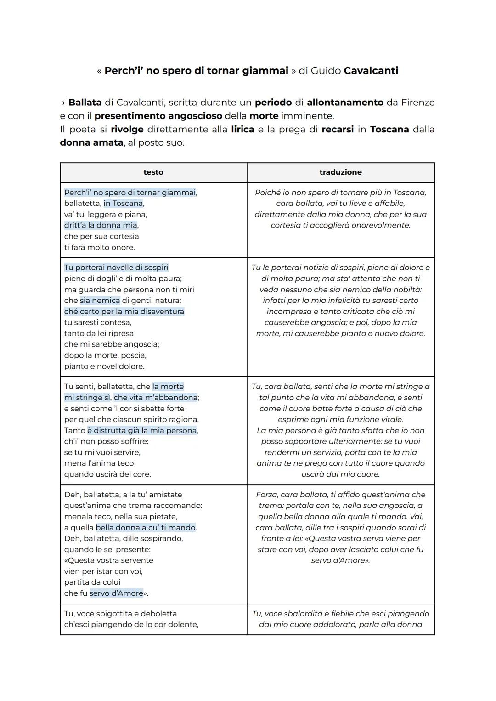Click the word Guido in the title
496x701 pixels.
coord(326,71)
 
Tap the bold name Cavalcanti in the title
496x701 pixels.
coord(371,71)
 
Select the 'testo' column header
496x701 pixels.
coord(153,172)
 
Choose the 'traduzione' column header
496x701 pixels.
coord(340,172)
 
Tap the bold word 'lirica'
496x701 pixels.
coord(242,130)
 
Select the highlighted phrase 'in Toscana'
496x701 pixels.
coord(124,204)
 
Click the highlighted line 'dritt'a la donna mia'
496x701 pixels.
coord(101,225)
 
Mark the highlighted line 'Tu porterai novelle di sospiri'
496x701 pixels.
coord(116,268)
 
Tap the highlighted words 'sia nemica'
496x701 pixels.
coord(100,301)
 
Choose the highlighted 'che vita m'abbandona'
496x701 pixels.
coord(156,398)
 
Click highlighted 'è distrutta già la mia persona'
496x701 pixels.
coord(142,431)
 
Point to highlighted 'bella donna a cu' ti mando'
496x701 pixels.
coord(146,528)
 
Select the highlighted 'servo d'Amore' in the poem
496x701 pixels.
coord(116,593)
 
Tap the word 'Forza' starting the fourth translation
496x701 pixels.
coord(267,495)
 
